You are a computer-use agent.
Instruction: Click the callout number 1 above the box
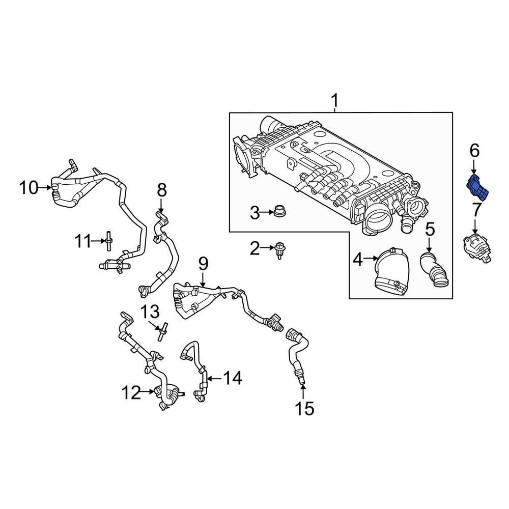pos(335,101)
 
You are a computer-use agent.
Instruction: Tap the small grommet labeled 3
pos(279,211)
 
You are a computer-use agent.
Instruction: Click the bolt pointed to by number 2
pos(279,249)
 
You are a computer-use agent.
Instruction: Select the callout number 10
pos(29,188)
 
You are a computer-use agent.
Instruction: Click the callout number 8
pos(161,191)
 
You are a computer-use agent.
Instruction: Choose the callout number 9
pos(203,264)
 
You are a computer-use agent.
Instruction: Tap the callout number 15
pos(305,408)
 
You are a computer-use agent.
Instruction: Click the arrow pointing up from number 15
pos(303,392)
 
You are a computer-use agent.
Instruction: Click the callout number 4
pos(358,260)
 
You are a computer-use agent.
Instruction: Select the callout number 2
pos(254,249)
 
